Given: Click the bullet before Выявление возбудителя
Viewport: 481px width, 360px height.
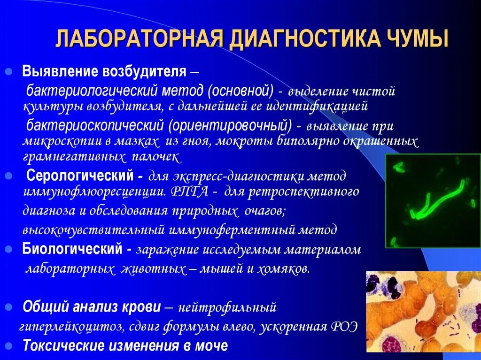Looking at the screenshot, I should coord(8,73).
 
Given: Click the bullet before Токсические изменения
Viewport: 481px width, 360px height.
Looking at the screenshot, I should coord(8,346).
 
